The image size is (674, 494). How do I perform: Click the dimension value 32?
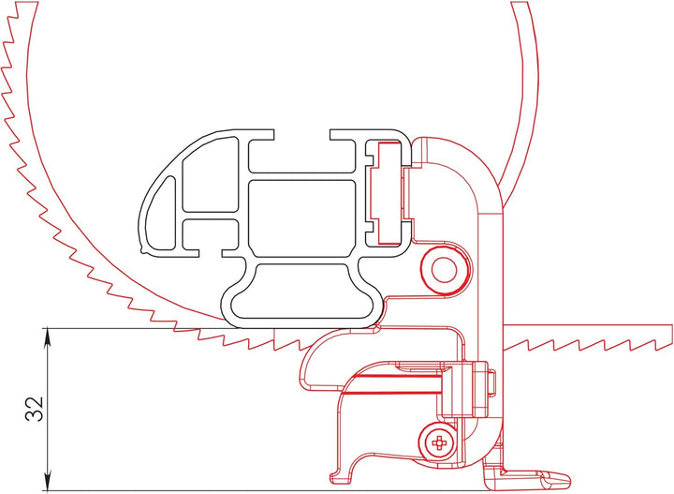tap(34, 410)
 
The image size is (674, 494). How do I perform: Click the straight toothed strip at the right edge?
tap(590, 333)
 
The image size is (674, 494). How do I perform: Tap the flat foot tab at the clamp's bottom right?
tap(534, 476)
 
